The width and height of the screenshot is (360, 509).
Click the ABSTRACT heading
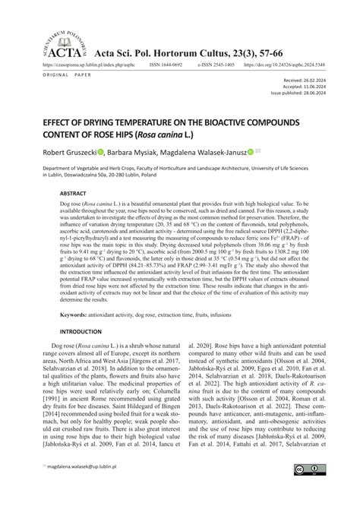coord(74,193)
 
